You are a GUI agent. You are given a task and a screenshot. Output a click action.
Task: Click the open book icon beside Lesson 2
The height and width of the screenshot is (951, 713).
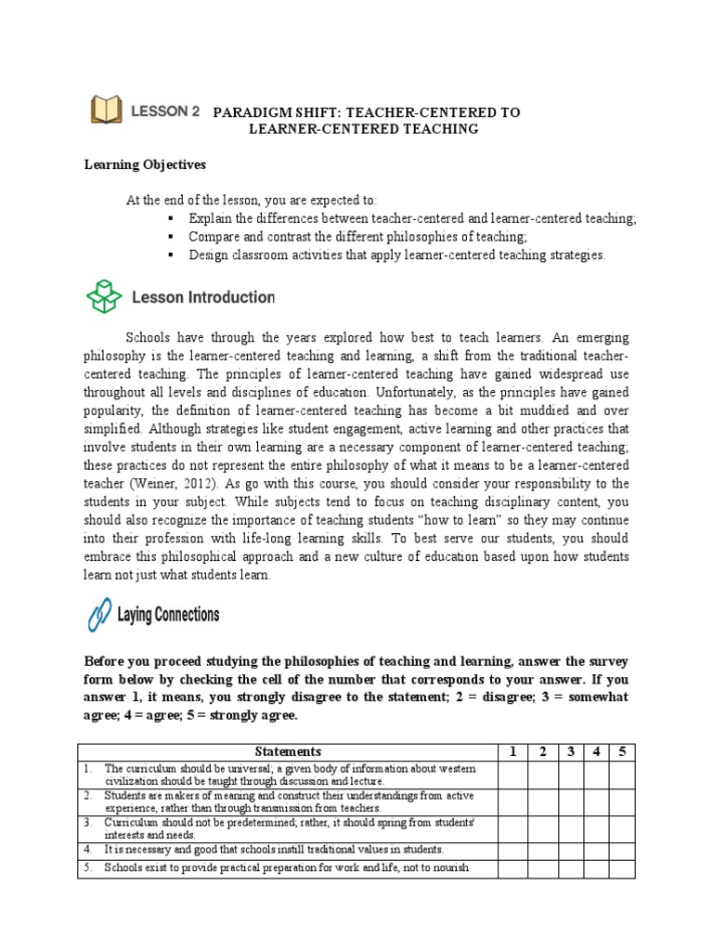coord(106,111)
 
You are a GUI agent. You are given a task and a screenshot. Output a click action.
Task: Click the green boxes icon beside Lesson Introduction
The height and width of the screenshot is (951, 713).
coord(104,297)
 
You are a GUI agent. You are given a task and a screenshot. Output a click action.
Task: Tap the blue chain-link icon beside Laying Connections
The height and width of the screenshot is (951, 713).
coord(99,615)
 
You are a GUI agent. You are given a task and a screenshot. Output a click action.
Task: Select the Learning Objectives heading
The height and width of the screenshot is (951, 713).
coord(145,164)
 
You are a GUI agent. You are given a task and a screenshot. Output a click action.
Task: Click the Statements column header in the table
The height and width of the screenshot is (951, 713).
coord(288,751)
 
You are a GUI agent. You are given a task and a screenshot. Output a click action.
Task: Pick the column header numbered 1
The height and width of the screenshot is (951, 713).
coord(512,751)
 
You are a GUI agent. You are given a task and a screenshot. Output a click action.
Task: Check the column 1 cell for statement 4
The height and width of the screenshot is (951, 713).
coord(512,850)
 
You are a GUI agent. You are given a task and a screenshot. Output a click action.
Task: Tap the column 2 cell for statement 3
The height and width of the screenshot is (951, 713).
coord(541,828)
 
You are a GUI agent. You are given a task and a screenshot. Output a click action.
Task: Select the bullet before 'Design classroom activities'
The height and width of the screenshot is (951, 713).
coord(172,254)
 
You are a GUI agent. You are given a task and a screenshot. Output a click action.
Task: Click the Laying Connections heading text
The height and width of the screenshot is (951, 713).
coord(168,615)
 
